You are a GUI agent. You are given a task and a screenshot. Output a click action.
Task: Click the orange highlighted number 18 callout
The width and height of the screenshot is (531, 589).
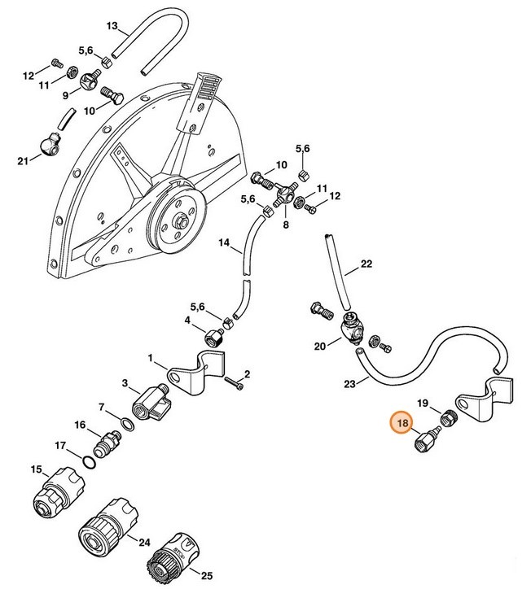[402, 423]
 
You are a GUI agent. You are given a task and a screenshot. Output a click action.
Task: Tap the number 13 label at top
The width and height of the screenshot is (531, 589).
[112, 26]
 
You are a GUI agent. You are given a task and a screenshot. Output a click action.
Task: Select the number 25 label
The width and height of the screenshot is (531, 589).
[207, 575]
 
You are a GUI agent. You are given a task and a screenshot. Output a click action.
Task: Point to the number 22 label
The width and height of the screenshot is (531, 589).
[366, 264]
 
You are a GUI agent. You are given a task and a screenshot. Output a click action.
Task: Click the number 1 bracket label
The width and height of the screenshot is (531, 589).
[151, 358]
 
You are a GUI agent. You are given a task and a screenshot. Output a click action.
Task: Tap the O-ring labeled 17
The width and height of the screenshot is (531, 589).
[89, 462]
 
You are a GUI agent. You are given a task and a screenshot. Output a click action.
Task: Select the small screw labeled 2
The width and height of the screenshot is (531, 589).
[235, 383]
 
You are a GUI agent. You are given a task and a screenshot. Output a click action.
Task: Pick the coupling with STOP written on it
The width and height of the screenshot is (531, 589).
[173, 553]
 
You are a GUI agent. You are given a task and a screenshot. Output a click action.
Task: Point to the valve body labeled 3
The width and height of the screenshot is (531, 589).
[151, 402]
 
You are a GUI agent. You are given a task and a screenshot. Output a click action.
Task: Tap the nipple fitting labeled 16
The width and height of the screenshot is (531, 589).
[108, 443]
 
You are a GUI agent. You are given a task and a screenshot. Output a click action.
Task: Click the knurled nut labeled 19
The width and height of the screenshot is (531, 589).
[448, 417]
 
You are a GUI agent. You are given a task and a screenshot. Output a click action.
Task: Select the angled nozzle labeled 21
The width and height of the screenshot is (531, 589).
[50, 145]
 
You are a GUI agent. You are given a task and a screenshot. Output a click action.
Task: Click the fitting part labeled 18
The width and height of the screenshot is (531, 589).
[427, 438]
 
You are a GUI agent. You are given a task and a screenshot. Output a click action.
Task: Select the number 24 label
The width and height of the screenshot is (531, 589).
[144, 543]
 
